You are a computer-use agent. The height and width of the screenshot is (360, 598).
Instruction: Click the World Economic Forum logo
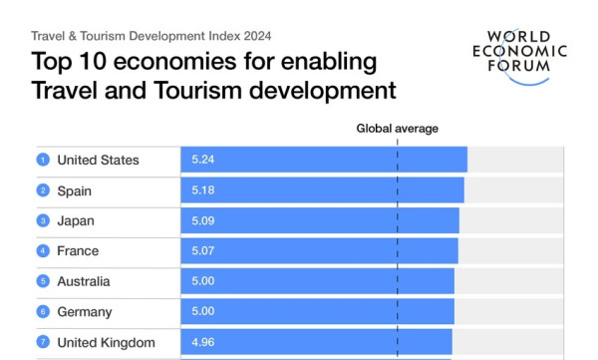point(520,57)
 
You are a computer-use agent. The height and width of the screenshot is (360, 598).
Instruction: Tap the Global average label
point(397,129)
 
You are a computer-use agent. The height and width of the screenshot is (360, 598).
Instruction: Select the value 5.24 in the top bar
point(203,160)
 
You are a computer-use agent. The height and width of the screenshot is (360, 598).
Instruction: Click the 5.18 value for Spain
point(203,190)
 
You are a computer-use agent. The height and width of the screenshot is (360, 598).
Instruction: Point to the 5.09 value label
point(203,220)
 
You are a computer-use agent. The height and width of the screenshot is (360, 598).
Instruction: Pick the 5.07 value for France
point(203,251)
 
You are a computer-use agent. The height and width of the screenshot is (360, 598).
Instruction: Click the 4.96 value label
point(203,342)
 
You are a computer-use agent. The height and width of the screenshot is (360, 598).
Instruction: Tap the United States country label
point(98,160)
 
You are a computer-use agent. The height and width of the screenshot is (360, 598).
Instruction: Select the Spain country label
point(75,190)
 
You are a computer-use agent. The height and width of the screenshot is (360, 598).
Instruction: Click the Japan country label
point(76,221)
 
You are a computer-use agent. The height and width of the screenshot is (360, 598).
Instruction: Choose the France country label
point(78,251)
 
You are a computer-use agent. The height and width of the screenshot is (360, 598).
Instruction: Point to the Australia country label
point(84,282)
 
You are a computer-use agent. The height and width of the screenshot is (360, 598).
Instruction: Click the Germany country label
point(85,312)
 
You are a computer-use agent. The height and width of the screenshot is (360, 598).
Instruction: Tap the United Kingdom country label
point(106,343)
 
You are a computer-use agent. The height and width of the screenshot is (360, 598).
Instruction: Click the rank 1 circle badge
point(43,160)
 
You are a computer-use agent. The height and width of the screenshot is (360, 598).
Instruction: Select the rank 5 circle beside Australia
point(43,281)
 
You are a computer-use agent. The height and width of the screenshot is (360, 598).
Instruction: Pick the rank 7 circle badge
point(43,342)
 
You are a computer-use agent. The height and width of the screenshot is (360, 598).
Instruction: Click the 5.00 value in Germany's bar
point(203,311)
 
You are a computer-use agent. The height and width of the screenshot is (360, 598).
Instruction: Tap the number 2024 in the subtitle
point(257,36)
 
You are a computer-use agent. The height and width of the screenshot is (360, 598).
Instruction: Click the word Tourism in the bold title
point(198,91)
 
